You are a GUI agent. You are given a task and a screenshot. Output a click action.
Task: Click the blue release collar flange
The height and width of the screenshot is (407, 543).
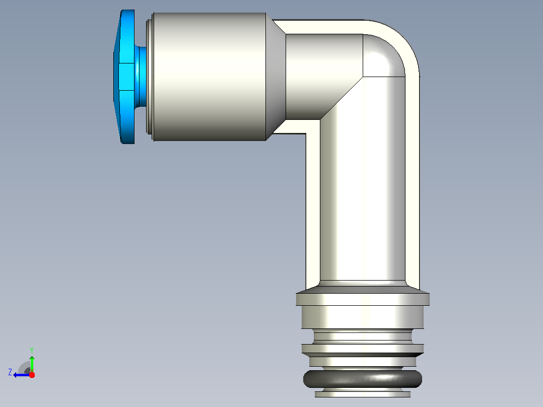125,77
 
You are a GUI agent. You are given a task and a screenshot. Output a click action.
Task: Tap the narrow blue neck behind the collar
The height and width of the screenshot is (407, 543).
141,77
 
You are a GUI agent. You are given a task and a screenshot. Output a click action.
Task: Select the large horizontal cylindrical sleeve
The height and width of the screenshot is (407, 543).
210,77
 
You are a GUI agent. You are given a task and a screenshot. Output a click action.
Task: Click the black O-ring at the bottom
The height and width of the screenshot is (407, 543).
363,379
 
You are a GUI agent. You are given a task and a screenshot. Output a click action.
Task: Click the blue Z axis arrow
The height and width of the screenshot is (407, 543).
22,375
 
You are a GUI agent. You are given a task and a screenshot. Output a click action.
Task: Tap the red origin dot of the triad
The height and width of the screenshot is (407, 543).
32,375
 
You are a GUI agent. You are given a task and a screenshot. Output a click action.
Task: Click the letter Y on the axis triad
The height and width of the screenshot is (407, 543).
32,350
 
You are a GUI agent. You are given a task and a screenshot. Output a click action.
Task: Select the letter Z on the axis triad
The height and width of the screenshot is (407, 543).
10,372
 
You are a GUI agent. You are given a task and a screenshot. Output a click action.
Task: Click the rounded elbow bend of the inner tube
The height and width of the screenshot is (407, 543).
384,55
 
